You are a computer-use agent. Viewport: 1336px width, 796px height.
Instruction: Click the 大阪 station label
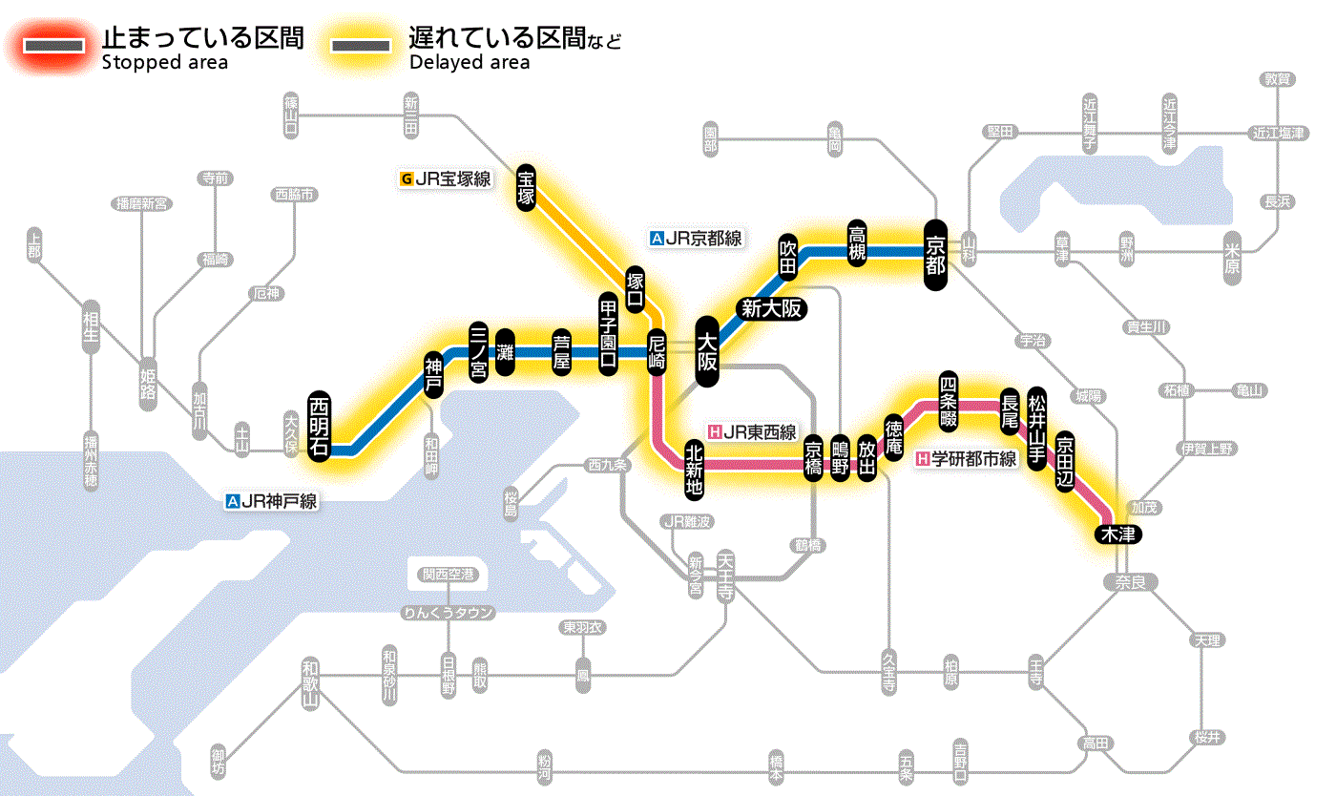(707, 351)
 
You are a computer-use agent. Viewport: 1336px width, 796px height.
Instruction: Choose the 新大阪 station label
(772, 308)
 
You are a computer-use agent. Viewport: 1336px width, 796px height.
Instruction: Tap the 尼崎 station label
(657, 352)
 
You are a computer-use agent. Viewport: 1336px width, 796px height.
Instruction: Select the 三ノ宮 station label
(480, 351)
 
